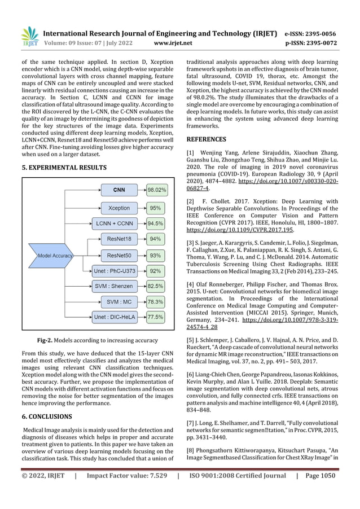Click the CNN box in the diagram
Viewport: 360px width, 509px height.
pos(119,190)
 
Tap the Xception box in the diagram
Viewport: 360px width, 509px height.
pos(119,208)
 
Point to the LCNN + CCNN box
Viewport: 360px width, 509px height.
pos(115,223)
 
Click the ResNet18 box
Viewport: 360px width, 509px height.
pos(119,239)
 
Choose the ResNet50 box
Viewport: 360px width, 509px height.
pos(119,255)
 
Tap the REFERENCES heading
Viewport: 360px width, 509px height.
pos(206,139)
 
